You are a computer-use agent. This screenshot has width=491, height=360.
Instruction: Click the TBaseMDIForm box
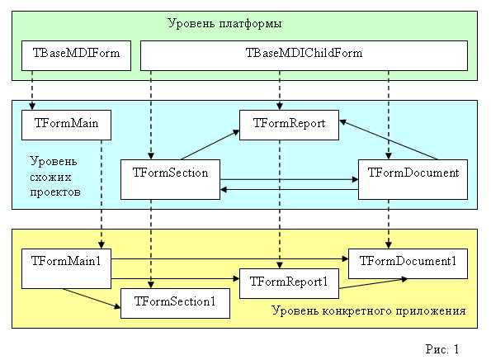click(x=75, y=55)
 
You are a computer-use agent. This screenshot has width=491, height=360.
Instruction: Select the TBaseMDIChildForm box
click(x=305, y=55)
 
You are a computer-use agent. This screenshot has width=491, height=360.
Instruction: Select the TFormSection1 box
click(x=175, y=303)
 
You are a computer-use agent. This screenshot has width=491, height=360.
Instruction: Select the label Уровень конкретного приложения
click(x=369, y=312)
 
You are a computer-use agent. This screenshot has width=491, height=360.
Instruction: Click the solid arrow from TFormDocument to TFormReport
click(x=389, y=140)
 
